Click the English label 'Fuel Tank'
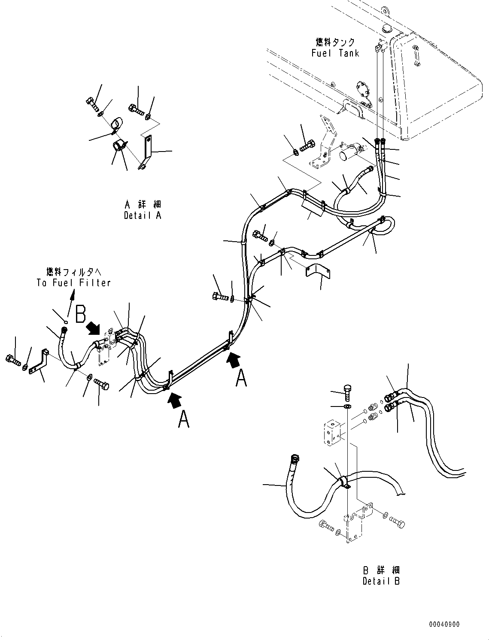coord(335,53)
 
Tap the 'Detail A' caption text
coord(143,215)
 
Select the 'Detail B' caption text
coord(381,581)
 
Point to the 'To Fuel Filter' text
coord(73,283)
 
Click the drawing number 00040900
coord(444,624)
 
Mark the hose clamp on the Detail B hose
coord(342,482)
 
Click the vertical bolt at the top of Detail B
coord(347,391)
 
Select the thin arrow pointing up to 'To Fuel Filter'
coord(70,299)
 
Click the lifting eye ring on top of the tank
coord(385,10)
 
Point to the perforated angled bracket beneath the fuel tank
coord(323,142)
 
